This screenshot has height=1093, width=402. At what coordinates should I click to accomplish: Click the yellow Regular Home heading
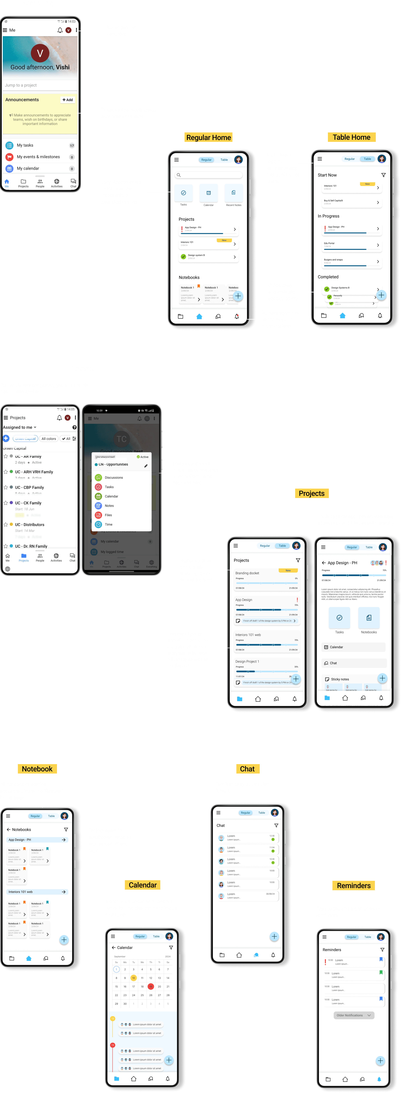(209, 137)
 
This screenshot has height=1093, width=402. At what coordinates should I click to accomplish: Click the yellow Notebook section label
(37, 769)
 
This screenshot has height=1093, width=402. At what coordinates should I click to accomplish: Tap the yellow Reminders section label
(354, 886)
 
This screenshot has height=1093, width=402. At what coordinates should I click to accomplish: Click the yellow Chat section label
(247, 769)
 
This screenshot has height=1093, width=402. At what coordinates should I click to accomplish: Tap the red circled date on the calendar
(150, 986)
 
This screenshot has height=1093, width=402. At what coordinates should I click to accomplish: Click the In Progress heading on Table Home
(329, 216)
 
